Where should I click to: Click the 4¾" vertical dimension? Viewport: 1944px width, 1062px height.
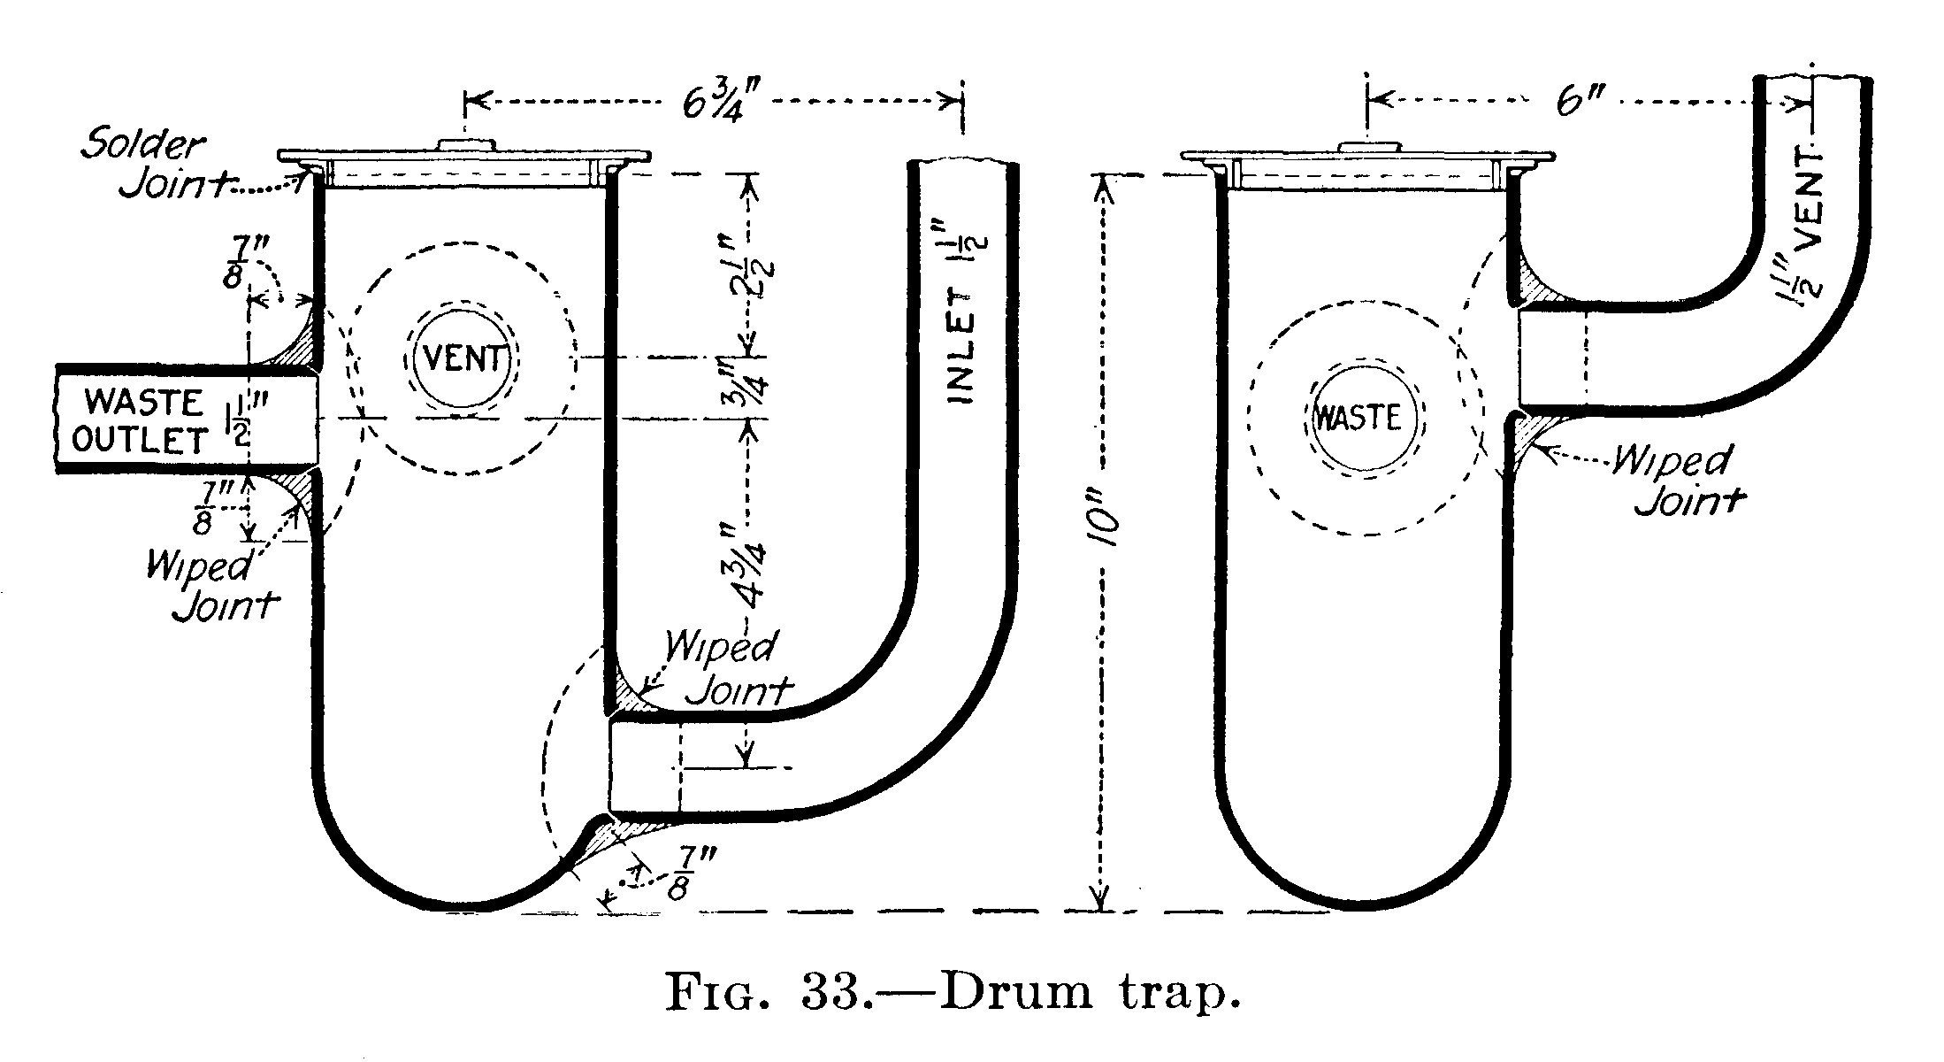(749, 566)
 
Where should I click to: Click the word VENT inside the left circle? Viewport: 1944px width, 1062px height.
(463, 360)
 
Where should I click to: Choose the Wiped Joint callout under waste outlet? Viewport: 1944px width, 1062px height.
(209, 586)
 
